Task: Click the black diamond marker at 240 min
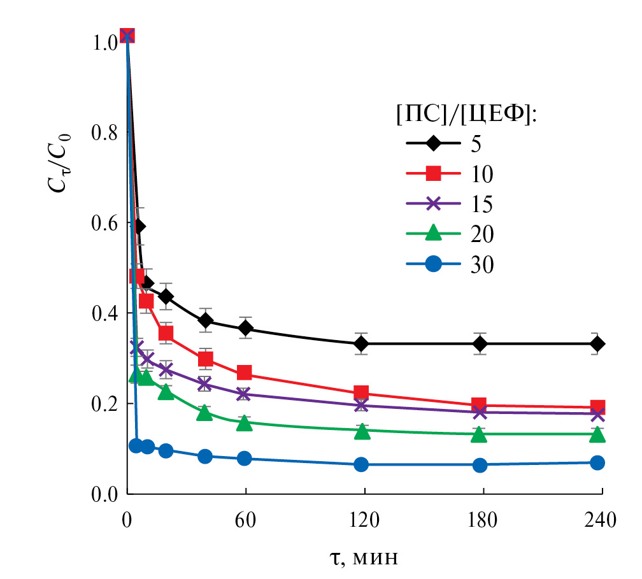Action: (597, 344)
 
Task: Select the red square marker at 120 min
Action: (362, 393)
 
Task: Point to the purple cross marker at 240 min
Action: (597, 415)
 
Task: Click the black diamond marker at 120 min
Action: (362, 344)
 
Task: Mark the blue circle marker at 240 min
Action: (597, 463)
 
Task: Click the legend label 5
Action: (476, 143)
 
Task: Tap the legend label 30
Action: (483, 264)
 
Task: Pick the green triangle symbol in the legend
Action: (433, 233)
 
